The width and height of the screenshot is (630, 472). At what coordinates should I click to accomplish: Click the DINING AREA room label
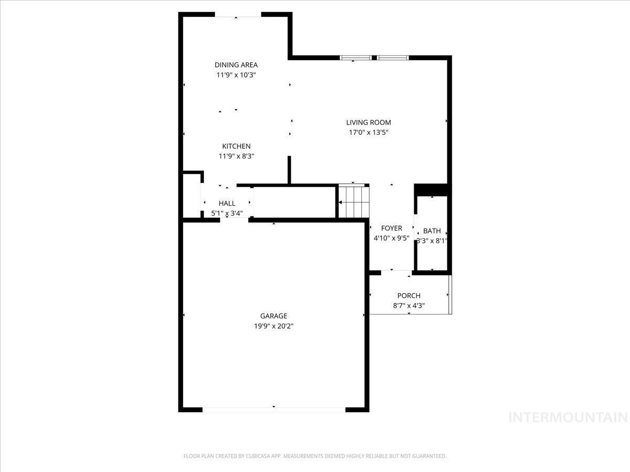(x=236, y=65)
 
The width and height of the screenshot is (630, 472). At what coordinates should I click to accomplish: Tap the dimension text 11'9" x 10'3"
(x=236, y=75)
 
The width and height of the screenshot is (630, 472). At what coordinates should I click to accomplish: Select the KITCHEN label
(x=236, y=146)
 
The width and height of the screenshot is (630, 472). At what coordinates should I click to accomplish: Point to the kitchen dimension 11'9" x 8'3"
(x=236, y=156)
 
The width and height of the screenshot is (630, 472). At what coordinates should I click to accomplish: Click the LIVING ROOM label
(x=369, y=123)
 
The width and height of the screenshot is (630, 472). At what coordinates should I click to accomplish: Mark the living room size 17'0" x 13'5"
(x=369, y=133)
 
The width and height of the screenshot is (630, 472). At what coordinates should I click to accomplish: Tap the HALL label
(x=227, y=203)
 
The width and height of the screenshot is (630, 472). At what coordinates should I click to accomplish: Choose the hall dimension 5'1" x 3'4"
(x=227, y=213)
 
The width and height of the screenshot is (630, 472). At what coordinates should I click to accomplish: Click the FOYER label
(x=392, y=228)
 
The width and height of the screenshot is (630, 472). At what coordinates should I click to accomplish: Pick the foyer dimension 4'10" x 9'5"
(x=392, y=238)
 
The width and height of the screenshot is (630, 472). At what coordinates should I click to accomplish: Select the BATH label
(x=432, y=231)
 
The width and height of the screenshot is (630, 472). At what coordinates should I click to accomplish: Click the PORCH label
(x=408, y=296)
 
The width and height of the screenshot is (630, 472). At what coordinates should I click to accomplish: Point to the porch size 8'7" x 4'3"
(x=408, y=306)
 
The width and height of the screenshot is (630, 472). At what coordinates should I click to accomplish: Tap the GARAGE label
(x=274, y=316)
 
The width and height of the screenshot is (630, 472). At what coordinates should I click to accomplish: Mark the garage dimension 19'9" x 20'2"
(x=274, y=326)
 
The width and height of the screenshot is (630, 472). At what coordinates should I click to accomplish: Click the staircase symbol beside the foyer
(x=353, y=201)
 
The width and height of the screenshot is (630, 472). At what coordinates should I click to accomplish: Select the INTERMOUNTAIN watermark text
(x=569, y=417)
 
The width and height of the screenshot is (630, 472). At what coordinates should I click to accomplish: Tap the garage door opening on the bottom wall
(x=274, y=409)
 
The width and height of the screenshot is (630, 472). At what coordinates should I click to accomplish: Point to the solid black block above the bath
(x=431, y=189)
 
